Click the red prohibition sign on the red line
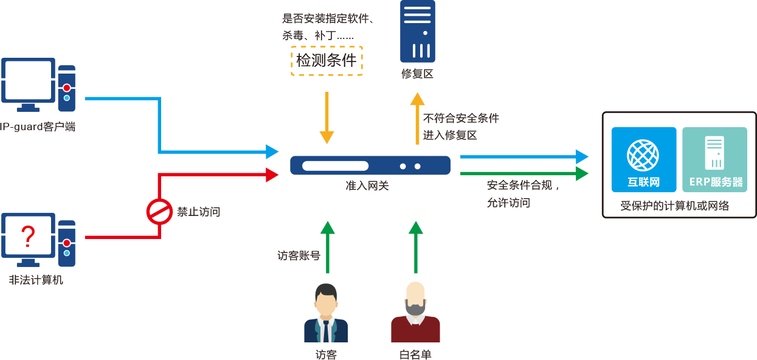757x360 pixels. coord(159,212)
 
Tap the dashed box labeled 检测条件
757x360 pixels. coord(327,60)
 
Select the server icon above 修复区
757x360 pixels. coord(417,32)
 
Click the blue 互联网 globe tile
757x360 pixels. coord(643,159)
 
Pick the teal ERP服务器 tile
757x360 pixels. coord(715,159)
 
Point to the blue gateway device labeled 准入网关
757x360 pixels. coord(370,165)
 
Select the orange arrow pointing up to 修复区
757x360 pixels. coord(417,119)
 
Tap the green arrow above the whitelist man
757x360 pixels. coord(416,246)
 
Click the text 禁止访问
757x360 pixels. coord(198,212)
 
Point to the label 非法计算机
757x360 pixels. coord(36,280)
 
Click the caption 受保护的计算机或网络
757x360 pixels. coord(674,206)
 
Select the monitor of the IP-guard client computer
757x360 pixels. coord(28,81)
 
